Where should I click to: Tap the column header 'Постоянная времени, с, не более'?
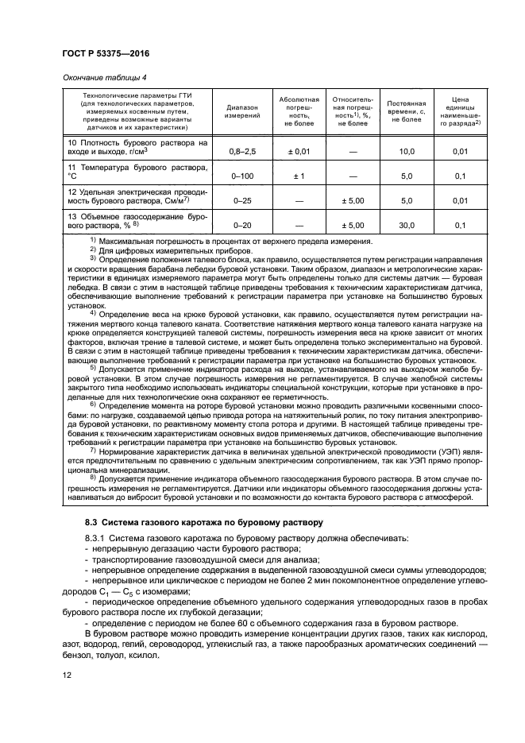tap(406, 111)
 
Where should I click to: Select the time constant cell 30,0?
tap(406, 226)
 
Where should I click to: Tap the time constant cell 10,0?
tap(406, 150)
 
